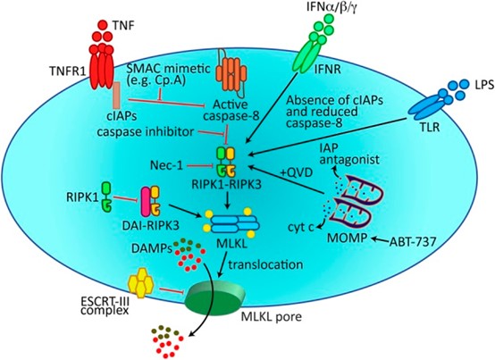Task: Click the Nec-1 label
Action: pyautogui.click(x=166, y=165)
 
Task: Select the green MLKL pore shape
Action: pyautogui.click(x=215, y=296)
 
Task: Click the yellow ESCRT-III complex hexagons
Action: pyautogui.click(x=141, y=283)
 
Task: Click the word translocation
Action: pyautogui.click(x=265, y=264)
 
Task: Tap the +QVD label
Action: pyautogui.click(x=297, y=172)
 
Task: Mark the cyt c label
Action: pyautogui.click(x=300, y=227)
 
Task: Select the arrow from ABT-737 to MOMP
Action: pyautogui.click(x=381, y=240)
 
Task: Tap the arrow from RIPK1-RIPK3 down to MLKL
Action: pyautogui.click(x=227, y=199)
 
